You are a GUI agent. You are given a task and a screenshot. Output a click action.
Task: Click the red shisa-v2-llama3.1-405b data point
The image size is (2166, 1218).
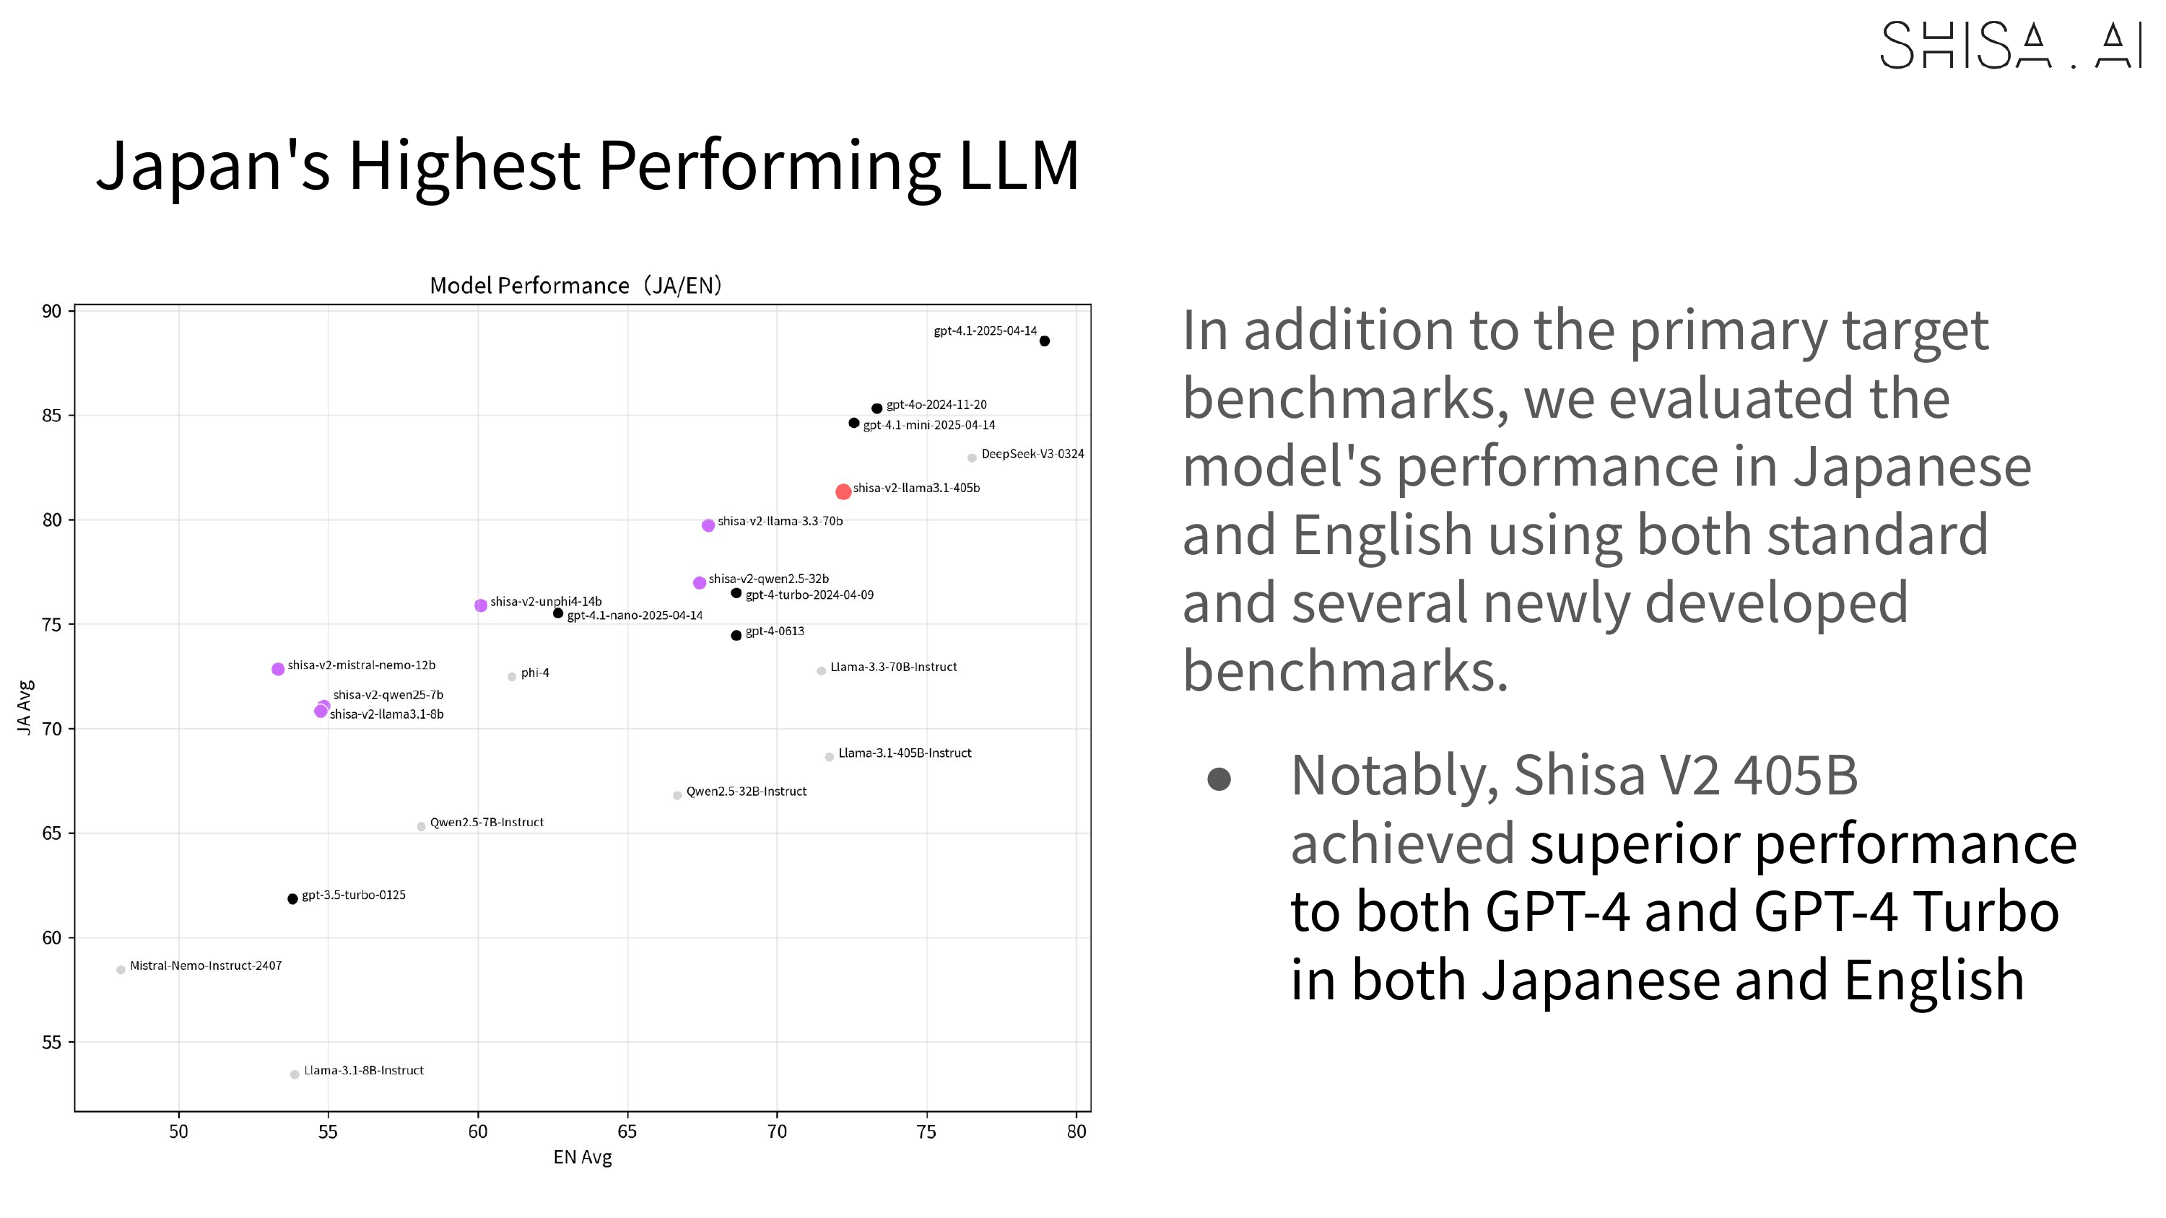(x=843, y=491)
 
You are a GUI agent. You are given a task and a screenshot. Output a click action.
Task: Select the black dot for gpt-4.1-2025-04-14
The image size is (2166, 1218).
(x=1044, y=341)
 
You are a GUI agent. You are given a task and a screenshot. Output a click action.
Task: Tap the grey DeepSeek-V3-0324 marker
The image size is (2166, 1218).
(x=972, y=458)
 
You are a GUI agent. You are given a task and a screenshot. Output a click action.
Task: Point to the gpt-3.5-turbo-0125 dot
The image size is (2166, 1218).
(x=292, y=898)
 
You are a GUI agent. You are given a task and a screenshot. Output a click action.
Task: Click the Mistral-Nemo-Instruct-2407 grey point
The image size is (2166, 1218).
(x=121, y=970)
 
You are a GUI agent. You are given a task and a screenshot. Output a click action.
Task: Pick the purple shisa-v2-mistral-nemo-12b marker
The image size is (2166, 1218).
(x=278, y=669)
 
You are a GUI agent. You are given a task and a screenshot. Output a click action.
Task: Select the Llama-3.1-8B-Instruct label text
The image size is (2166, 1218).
(x=363, y=1070)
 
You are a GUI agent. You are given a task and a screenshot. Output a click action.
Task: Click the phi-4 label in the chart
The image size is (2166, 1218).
(x=535, y=672)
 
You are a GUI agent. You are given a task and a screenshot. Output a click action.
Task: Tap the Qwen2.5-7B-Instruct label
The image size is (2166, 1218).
(x=486, y=822)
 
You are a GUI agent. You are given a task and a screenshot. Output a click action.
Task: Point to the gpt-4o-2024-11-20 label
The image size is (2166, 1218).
(x=936, y=404)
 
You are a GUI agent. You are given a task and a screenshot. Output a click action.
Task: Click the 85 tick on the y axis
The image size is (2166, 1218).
(x=52, y=415)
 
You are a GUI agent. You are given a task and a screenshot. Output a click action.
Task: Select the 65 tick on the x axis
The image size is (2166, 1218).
(x=627, y=1131)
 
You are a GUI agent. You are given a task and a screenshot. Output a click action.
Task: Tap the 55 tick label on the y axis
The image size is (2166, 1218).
(x=52, y=1043)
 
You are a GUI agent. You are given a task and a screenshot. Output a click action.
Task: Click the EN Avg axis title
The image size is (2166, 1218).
(x=582, y=1157)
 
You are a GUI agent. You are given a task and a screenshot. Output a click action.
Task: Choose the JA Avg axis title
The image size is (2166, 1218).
(x=25, y=707)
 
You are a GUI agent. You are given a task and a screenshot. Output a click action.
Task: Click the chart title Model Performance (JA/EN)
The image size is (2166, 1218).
(x=576, y=286)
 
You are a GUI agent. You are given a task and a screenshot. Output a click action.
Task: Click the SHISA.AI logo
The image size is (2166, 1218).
(x=2009, y=45)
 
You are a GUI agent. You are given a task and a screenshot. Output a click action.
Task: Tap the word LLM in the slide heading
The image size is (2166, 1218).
(x=1018, y=165)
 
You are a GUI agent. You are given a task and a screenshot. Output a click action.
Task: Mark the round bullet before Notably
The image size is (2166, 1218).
(x=1219, y=779)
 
